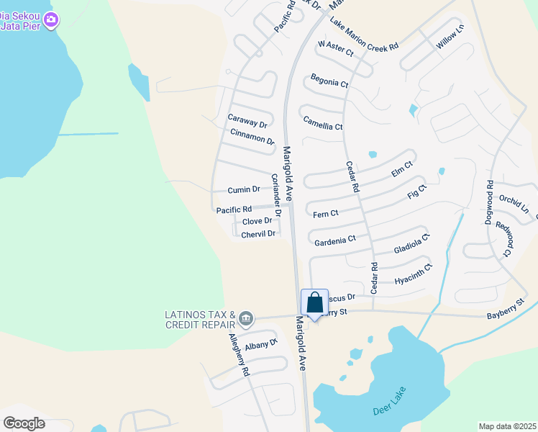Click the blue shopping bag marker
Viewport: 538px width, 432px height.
point(314,302)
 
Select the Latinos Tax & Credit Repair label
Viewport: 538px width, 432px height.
point(200,319)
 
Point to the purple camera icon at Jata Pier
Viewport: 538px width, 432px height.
point(50,22)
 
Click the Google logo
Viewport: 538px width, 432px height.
point(24,423)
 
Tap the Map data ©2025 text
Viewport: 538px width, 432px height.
point(506,426)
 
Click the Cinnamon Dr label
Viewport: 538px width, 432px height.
point(252,137)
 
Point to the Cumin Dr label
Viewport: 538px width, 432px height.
point(244,190)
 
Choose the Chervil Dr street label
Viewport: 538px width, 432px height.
point(258,235)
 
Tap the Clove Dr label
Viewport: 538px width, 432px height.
point(257,222)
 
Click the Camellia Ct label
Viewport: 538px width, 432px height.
point(322,122)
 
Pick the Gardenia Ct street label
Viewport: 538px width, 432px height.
point(335,240)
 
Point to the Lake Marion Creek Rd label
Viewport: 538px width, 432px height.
point(364,35)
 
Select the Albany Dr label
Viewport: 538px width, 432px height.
point(260,345)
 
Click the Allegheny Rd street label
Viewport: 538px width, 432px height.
point(238,356)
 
